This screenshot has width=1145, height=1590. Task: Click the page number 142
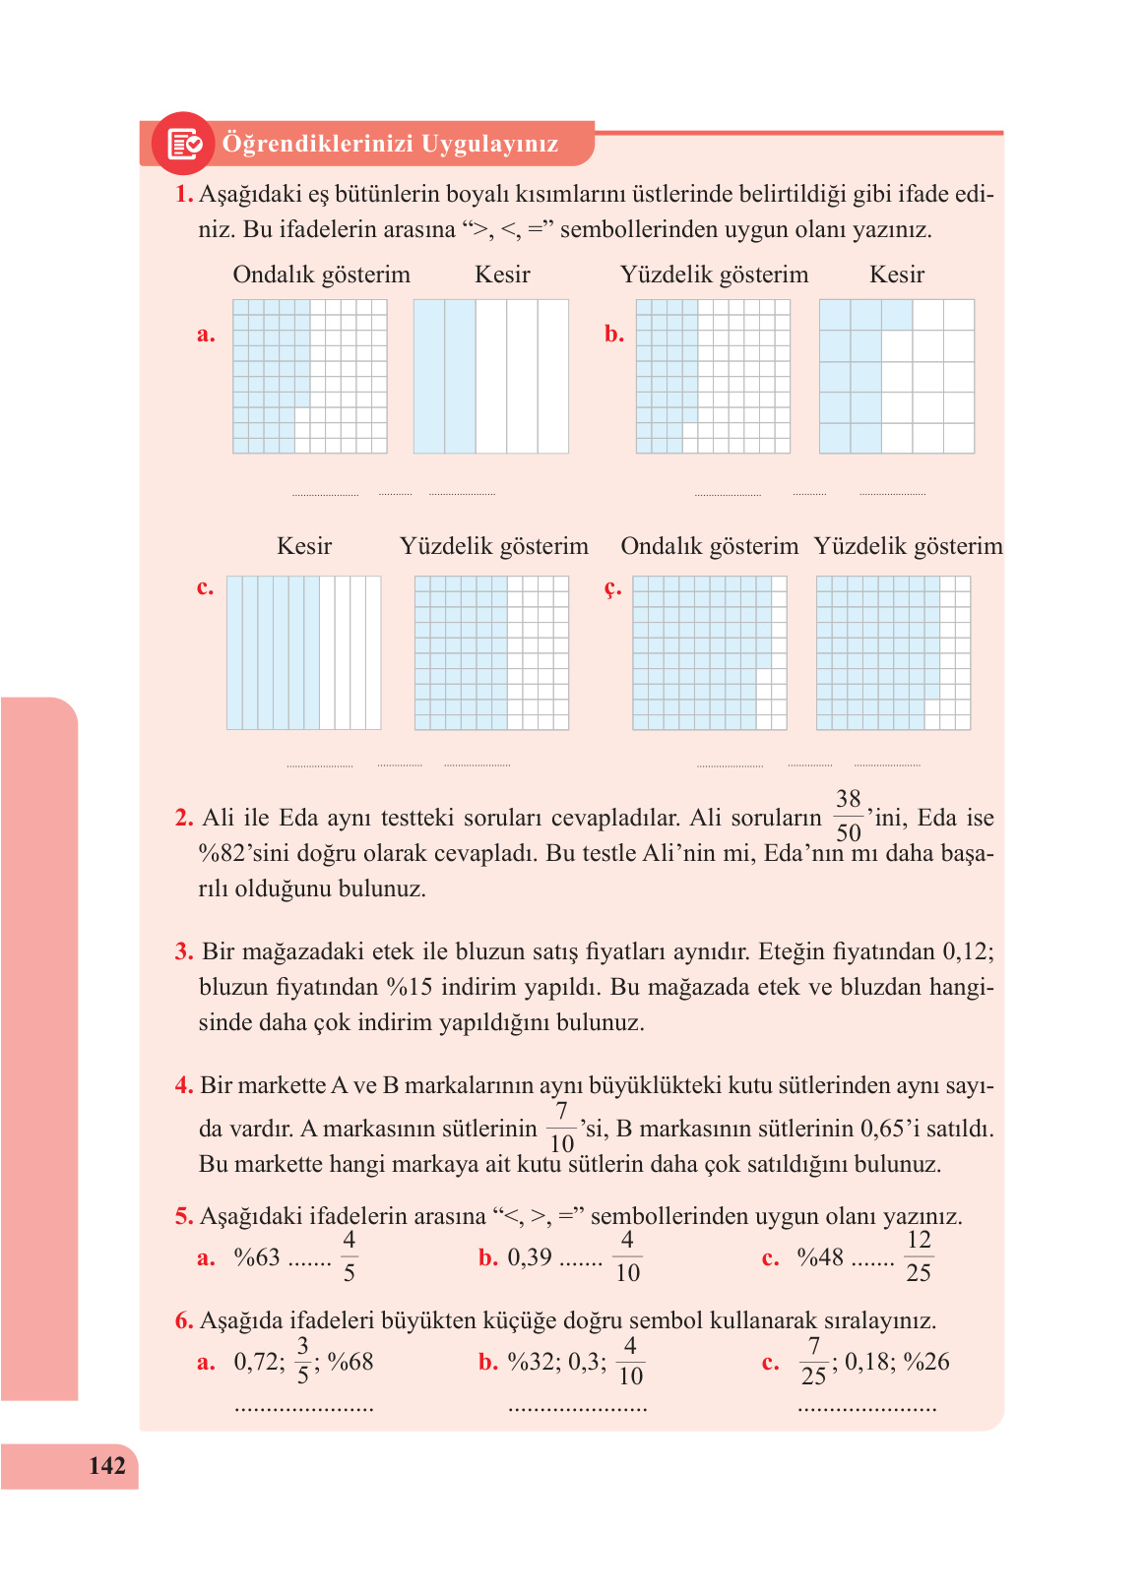(x=106, y=1466)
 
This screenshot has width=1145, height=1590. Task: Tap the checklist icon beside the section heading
(x=184, y=144)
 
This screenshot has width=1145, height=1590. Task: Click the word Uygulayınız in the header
(x=489, y=144)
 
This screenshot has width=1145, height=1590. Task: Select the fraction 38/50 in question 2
(x=848, y=816)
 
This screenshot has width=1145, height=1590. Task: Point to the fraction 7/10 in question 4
(x=561, y=1128)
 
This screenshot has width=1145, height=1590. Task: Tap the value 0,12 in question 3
(x=967, y=951)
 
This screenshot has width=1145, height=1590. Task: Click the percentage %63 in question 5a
(x=256, y=1257)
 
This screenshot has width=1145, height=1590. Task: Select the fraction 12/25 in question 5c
(x=918, y=1256)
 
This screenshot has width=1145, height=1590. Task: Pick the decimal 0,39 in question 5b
(x=530, y=1257)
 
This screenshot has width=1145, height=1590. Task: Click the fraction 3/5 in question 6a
(x=302, y=1361)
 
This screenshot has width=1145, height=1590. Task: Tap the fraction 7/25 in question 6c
(x=813, y=1362)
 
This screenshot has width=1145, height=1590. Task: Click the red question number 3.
(x=184, y=951)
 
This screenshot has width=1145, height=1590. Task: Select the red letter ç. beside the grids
(x=612, y=587)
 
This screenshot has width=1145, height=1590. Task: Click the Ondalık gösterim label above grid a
(x=321, y=275)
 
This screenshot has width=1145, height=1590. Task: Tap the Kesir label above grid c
(x=304, y=546)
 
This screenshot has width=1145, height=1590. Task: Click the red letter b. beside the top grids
(x=614, y=334)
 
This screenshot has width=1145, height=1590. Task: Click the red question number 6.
(x=184, y=1320)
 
